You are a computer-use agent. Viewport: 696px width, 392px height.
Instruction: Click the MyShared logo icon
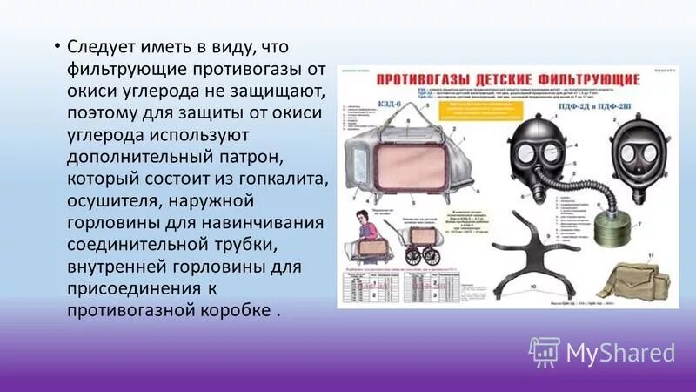click(545, 351)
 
